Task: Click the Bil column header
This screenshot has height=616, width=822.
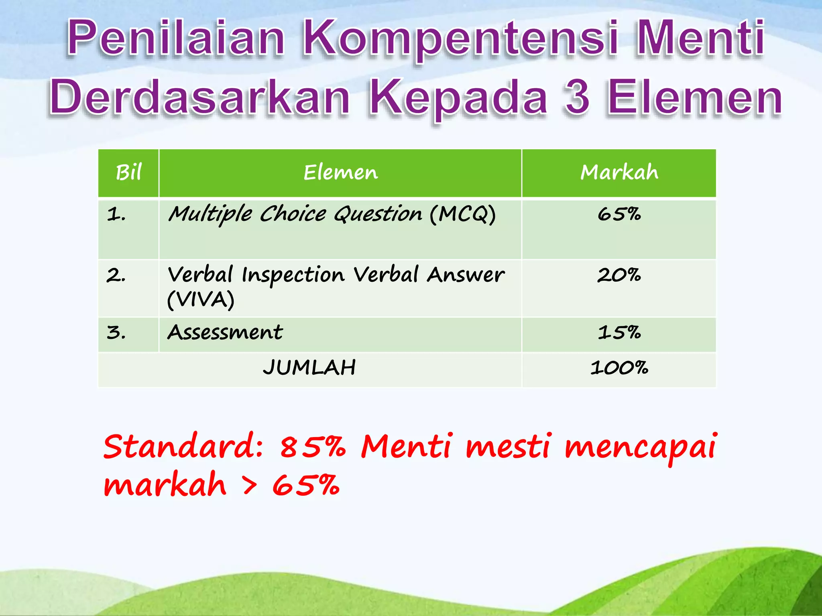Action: (x=128, y=173)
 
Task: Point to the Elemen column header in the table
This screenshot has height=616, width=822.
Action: (x=340, y=173)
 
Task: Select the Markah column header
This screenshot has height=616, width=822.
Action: (x=619, y=173)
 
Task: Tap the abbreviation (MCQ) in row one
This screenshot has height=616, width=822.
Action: (x=462, y=214)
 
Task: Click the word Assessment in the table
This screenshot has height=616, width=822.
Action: (x=225, y=332)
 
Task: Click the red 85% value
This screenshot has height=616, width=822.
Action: (x=312, y=447)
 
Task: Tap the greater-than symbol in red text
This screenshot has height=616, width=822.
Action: (x=250, y=486)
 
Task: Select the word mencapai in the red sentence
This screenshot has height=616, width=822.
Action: (x=640, y=448)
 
